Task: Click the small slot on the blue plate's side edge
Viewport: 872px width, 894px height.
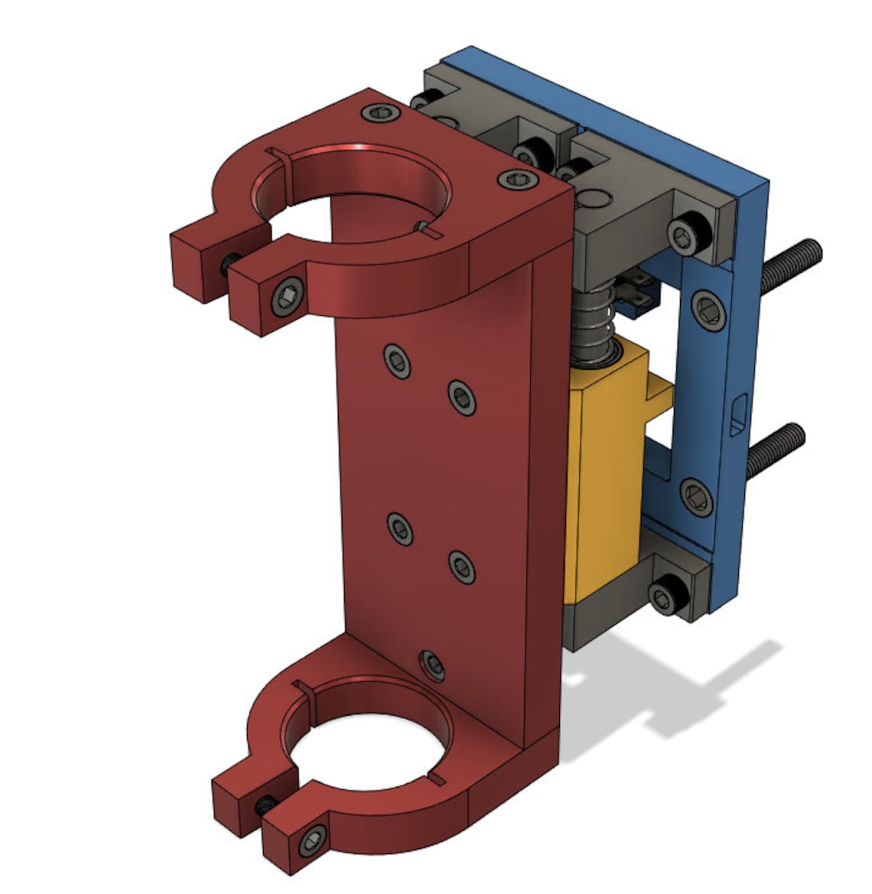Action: click(x=737, y=414)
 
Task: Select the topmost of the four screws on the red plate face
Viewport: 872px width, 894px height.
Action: click(x=398, y=359)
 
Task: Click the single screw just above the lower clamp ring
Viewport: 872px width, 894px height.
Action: click(x=432, y=663)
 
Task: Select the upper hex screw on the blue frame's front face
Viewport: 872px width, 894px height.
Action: click(x=708, y=309)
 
